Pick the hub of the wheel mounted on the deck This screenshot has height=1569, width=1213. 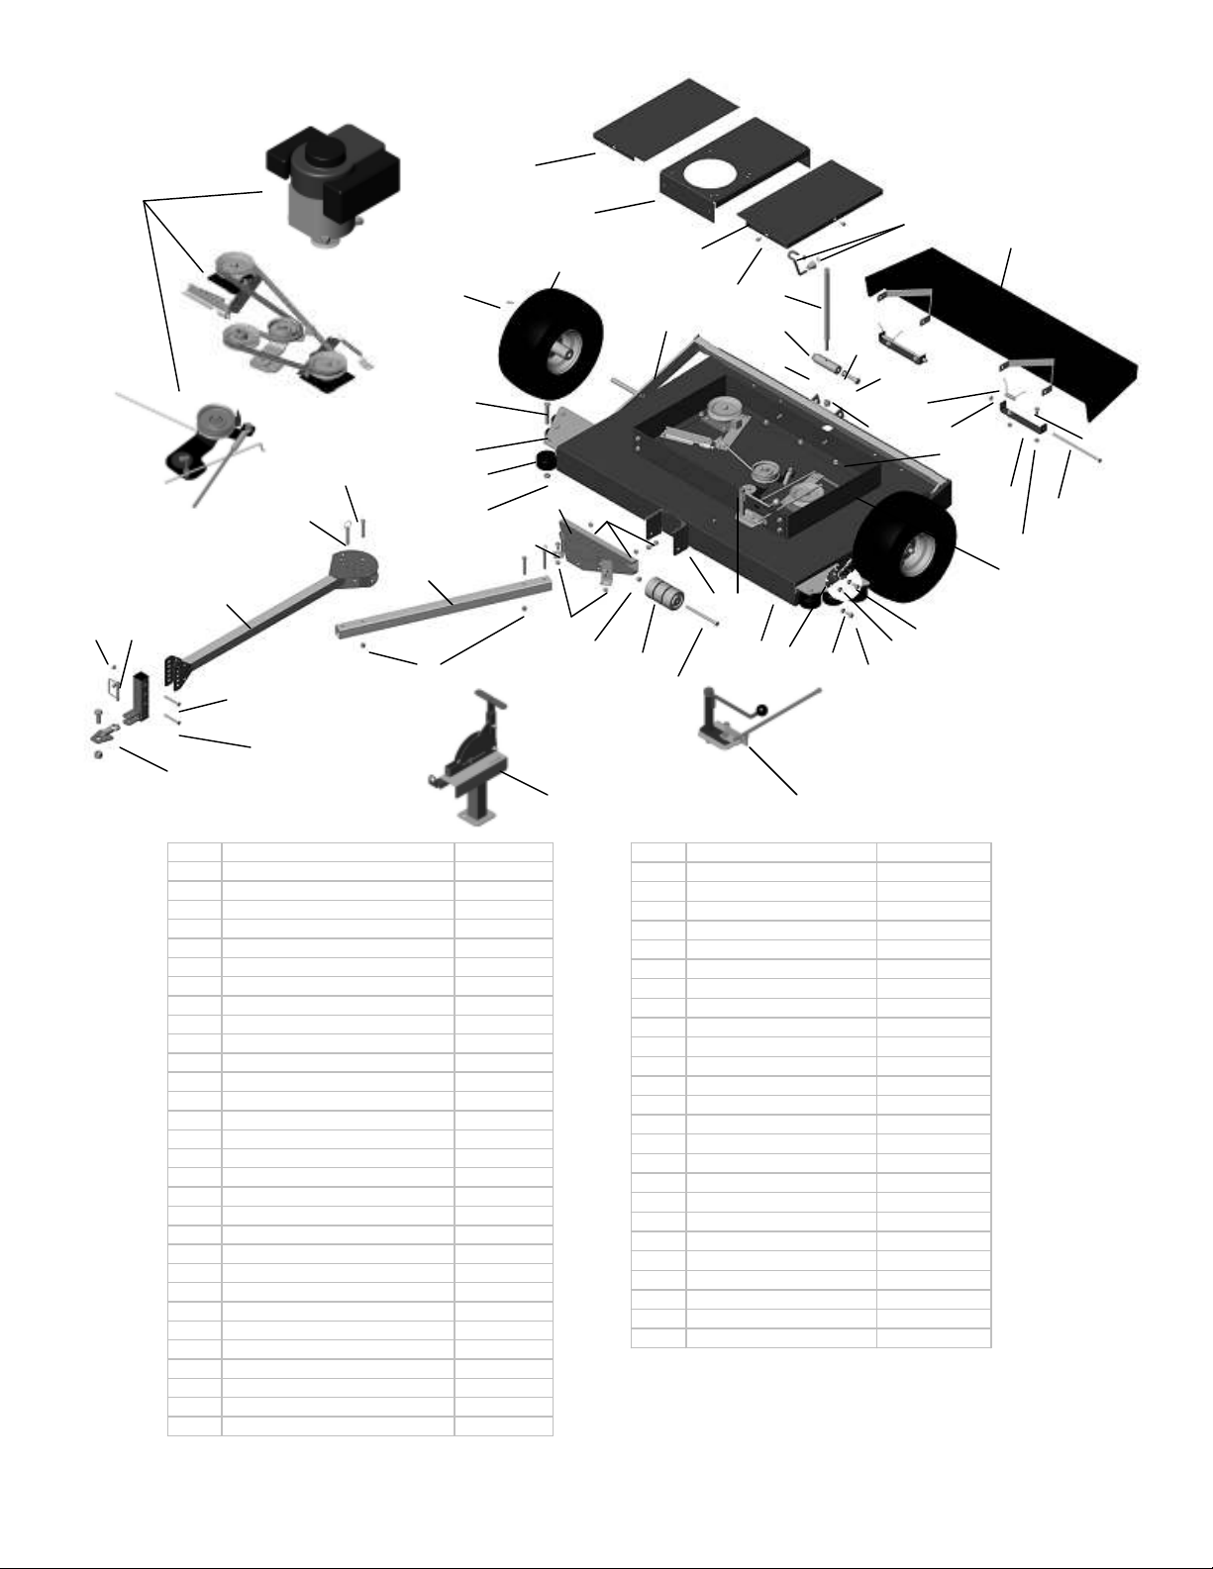click(x=920, y=549)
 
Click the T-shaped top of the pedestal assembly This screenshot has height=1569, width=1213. click(x=491, y=699)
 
